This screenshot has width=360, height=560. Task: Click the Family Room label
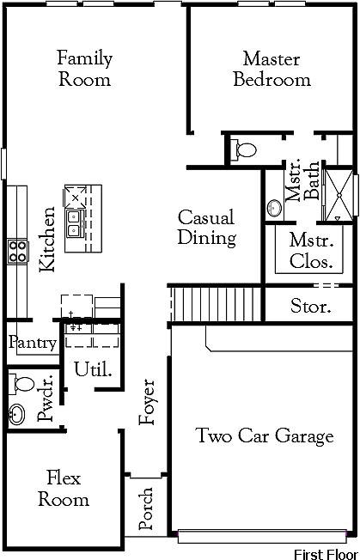(x=84, y=69)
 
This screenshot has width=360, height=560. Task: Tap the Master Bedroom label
(x=272, y=70)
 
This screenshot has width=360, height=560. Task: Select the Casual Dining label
(x=206, y=228)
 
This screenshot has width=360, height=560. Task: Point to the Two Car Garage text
(x=264, y=436)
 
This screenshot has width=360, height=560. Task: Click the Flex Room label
(x=64, y=489)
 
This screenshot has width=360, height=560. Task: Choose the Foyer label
(x=148, y=401)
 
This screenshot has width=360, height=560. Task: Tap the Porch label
(x=146, y=510)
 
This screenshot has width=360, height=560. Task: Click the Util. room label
(x=93, y=370)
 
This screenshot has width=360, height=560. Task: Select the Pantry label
(x=33, y=343)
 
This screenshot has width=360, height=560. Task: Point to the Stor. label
(x=310, y=307)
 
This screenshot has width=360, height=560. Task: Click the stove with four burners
(x=17, y=252)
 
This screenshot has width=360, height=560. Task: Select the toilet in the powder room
(x=22, y=383)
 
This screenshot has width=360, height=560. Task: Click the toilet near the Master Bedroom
(x=245, y=150)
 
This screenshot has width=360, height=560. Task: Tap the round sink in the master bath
(x=275, y=208)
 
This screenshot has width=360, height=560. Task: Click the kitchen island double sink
(x=74, y=222)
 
